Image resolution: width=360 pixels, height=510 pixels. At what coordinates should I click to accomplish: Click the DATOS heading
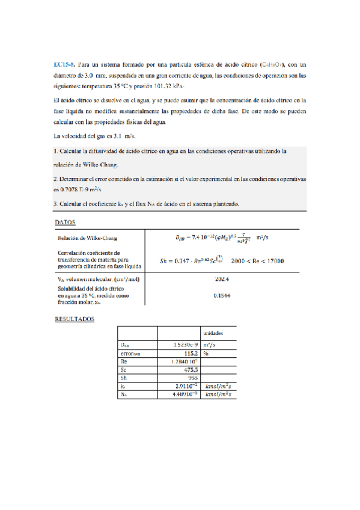65,222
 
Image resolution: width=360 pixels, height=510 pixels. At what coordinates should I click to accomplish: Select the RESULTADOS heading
75,319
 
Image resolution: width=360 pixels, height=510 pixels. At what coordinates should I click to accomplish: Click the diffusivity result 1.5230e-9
180,345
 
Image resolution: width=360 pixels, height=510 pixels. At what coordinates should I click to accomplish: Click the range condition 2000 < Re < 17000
257,260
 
